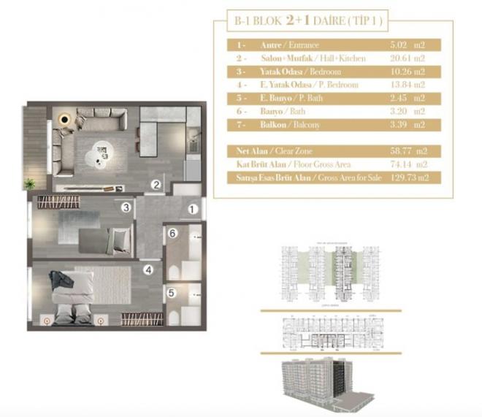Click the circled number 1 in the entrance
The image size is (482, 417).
pos(193,209)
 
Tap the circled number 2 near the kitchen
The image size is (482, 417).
pos(156,185)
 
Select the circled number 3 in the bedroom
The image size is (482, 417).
pos(126,208)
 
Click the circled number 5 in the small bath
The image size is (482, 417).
pos(170,294)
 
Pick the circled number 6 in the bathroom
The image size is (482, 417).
pos(172,234)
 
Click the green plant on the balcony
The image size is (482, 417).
pos(30,183)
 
